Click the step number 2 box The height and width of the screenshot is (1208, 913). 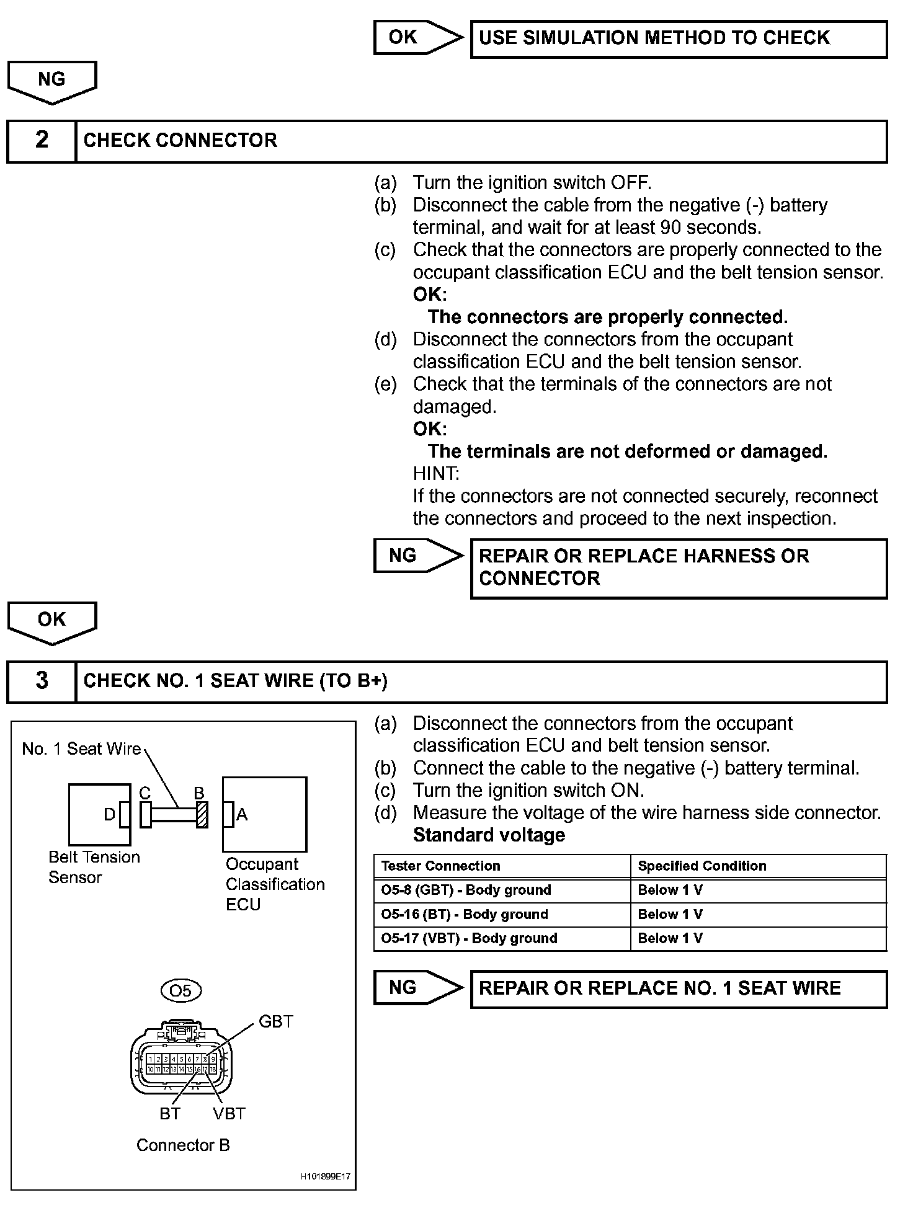42,141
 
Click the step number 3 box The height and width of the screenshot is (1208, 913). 42,681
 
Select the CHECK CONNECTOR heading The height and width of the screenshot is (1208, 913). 180,141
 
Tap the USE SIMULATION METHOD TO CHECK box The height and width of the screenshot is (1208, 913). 679,38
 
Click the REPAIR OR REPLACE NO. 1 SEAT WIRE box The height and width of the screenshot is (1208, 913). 679,988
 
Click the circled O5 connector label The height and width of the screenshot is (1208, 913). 180,991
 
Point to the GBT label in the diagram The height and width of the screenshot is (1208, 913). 275,1021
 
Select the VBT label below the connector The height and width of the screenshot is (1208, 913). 229,1114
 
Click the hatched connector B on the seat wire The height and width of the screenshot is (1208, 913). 202,815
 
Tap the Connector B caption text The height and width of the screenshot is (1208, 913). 183,1145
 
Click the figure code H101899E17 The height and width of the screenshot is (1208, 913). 326,1176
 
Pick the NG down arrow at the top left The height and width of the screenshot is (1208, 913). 51,81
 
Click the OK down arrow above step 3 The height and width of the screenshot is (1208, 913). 51,621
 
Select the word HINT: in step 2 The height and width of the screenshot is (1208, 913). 435,474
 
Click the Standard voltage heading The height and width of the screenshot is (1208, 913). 489,835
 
